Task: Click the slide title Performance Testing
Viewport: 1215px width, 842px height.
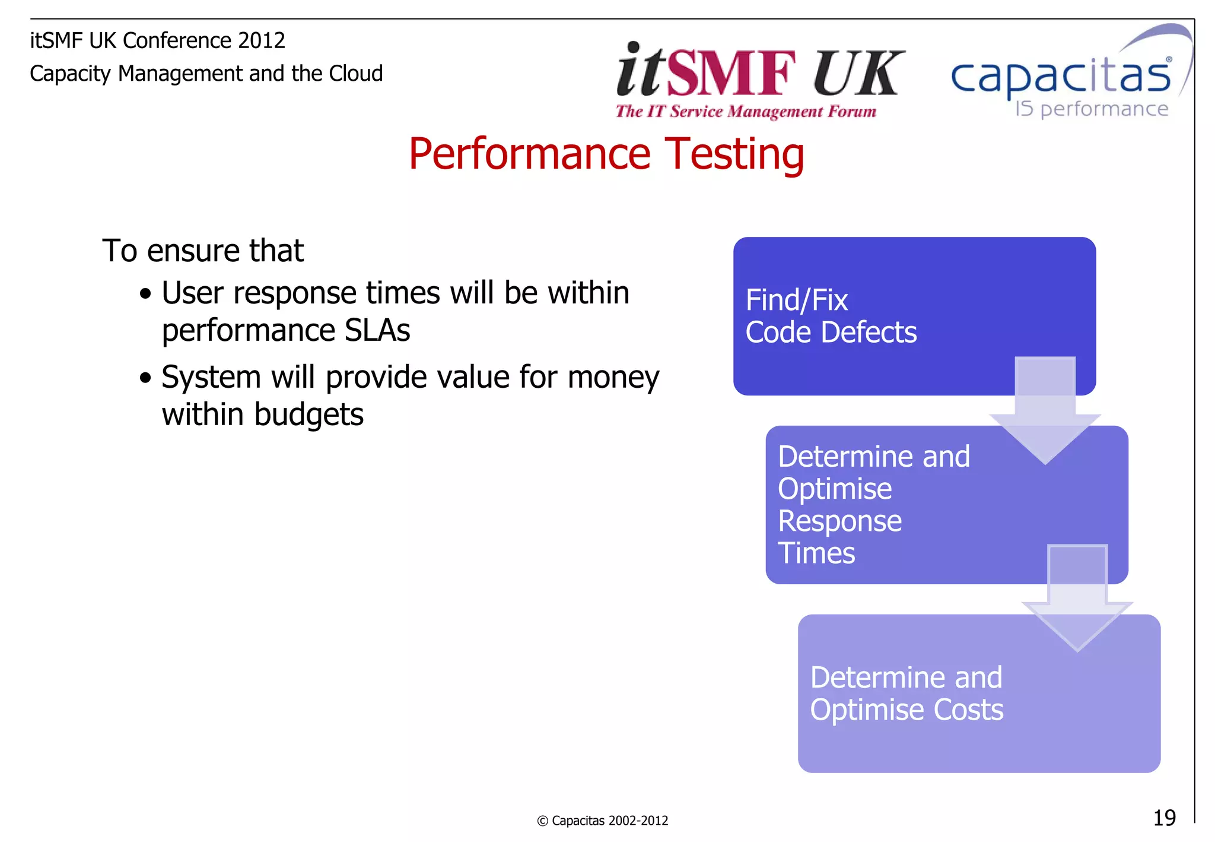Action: [606, 154]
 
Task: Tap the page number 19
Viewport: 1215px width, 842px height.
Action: [1164, 818]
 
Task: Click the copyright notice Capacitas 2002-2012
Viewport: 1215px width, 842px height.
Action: [602, 821]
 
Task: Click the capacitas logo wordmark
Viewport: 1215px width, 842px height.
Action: [1061, 77]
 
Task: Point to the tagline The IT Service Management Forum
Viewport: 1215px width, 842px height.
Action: [746, 112]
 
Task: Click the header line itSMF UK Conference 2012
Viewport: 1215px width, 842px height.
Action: [157, 40]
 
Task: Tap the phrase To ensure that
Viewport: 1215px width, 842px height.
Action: [203, 251]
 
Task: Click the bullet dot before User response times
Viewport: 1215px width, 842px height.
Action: [145, 294]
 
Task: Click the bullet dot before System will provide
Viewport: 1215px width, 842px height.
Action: [145, 378]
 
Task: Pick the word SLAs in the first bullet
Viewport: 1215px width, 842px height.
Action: [377, 330]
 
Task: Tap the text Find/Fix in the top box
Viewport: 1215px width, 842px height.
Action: [796, 300]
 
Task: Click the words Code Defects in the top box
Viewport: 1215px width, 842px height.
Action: [831, 333]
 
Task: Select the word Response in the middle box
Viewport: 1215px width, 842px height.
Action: [839, 521]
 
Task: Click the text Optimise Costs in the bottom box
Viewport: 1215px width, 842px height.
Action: [907, 710]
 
